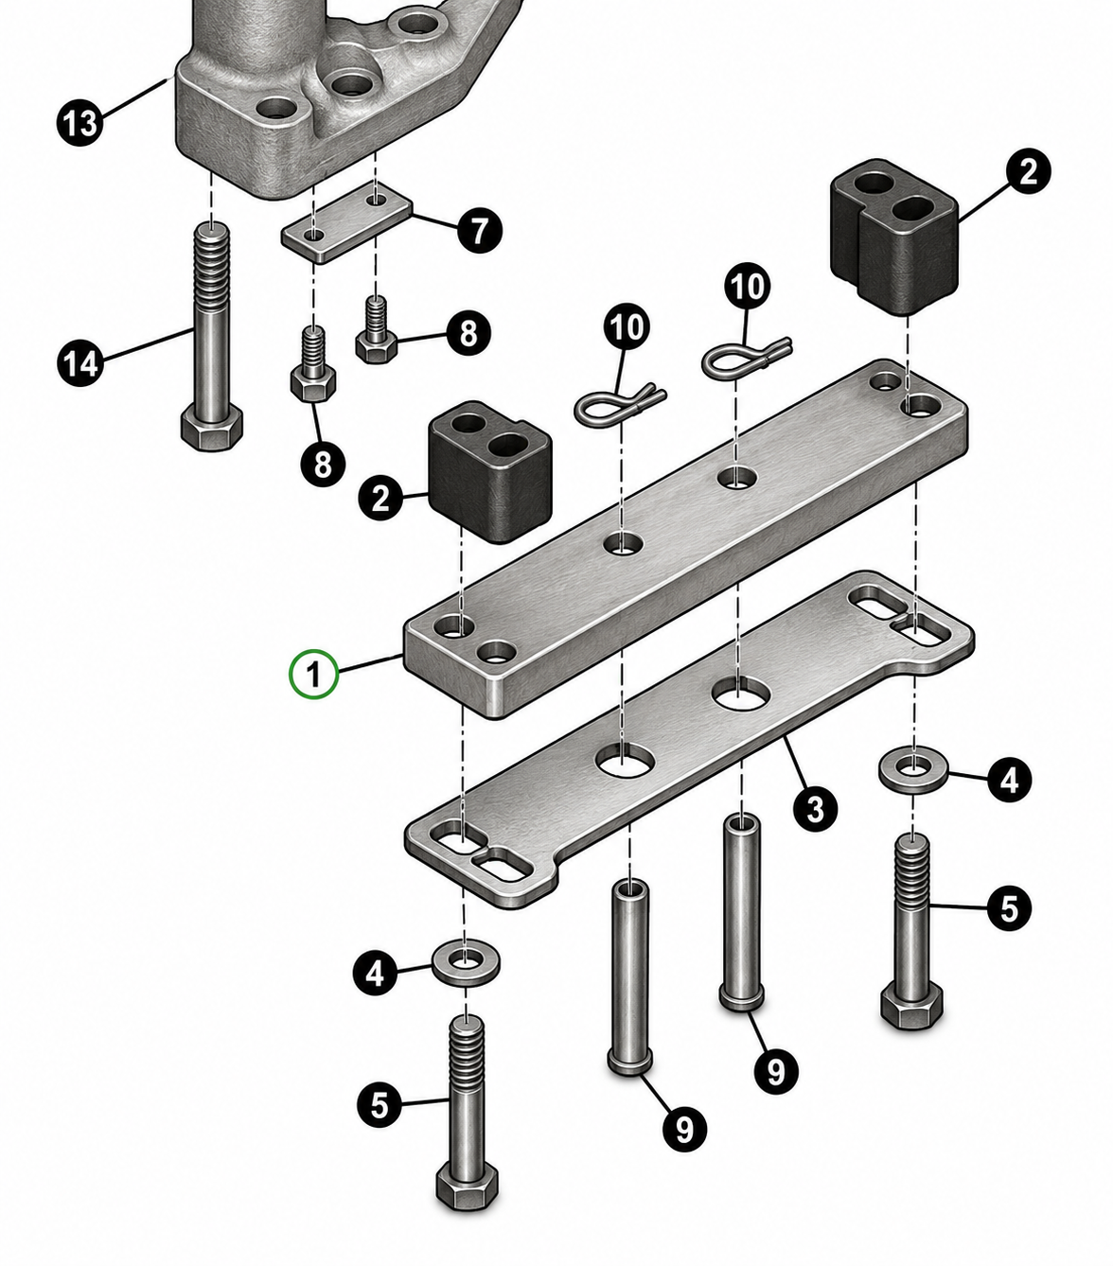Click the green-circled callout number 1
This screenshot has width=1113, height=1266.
point(313,675)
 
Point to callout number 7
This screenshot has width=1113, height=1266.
point(479,231)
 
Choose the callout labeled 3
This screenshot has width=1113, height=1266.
point(816,809)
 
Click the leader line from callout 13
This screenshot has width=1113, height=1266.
point(135,97)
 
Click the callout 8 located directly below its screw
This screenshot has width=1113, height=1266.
point(323,463)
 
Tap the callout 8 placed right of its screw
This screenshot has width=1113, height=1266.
point(468,333)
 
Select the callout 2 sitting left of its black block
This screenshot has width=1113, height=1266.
point(380,498)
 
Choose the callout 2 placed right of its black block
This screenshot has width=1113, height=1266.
point(1029,170)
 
